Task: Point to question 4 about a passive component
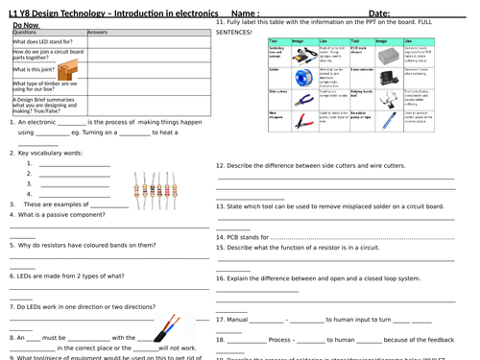tap(58, 215)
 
